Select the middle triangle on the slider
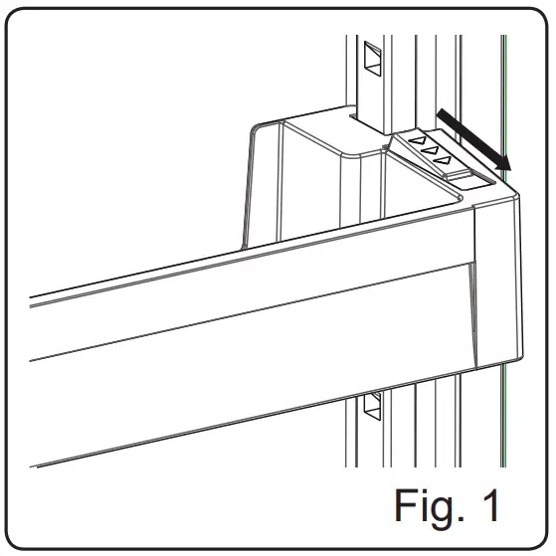click(430, 149)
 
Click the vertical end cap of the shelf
click(497, 278)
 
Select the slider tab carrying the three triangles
click(438, 154)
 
